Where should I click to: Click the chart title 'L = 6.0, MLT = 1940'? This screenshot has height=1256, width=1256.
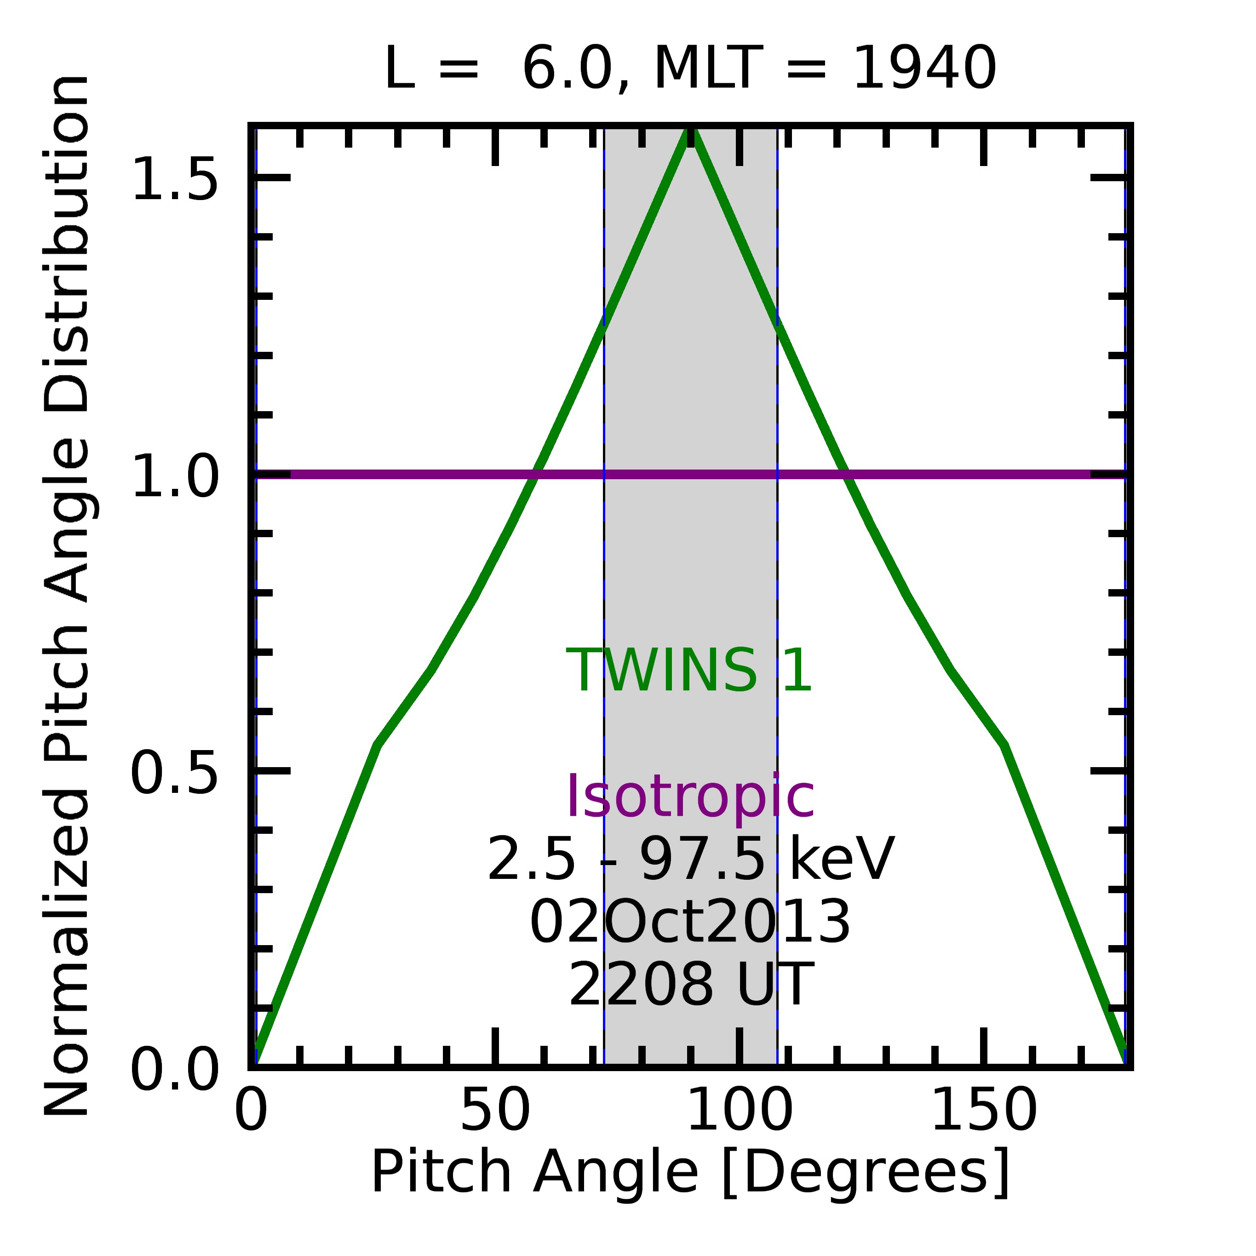[690, 69]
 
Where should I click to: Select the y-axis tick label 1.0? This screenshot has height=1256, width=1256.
[174, 476]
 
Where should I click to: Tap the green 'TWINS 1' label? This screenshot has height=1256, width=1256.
[689, 671]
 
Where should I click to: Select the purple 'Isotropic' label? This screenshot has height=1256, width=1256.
[690, 797]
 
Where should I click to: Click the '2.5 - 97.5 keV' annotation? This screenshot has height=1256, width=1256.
[690, 860]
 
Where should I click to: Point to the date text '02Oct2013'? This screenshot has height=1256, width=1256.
[690, 923]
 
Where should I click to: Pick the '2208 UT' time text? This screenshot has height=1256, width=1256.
[690, 985]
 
